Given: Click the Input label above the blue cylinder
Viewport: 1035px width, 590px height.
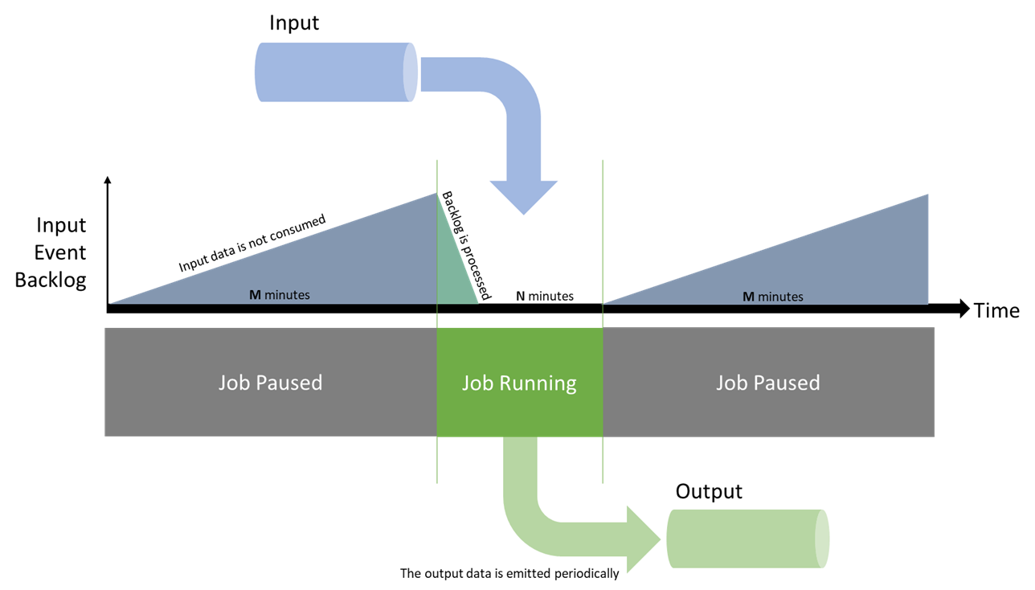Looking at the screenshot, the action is (x=294, y=23).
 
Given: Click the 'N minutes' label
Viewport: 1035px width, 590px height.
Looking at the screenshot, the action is (x=544, y=296).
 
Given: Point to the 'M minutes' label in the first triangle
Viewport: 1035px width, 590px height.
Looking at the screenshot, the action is (x=279, y=295).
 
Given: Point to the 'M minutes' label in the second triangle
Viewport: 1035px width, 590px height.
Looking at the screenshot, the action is (x=772, y=297).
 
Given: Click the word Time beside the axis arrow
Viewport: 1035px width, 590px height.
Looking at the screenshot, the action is (x=996, y=311).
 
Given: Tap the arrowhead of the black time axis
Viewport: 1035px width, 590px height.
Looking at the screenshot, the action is (x=963, y=309).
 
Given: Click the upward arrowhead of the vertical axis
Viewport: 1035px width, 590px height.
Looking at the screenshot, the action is (x=107, y=181).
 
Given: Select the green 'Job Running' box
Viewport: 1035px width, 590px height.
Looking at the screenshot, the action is (x=519, y=383).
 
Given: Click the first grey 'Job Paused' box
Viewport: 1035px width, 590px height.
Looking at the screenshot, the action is (x=270, y=383).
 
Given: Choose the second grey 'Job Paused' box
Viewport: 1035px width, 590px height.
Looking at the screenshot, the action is (x=767, y=383).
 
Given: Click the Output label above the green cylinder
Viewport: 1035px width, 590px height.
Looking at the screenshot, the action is (x=709, y=490).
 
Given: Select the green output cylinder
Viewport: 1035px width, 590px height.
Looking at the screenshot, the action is (x=747, y=539).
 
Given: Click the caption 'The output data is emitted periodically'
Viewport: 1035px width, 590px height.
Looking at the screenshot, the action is (x=509, y=574).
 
